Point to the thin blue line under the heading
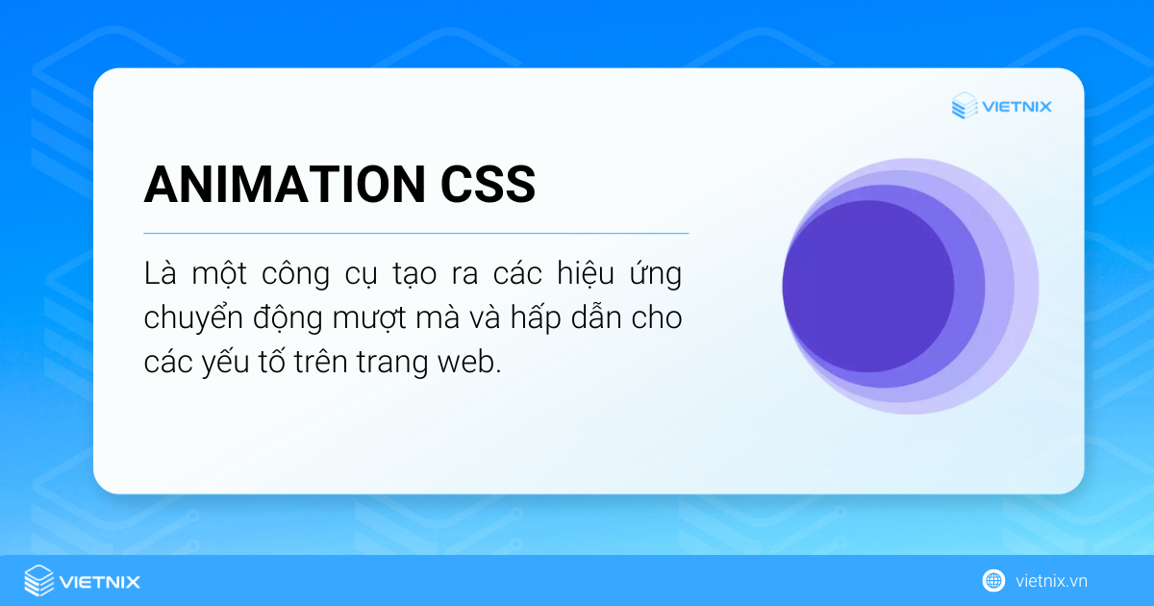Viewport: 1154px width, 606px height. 415,233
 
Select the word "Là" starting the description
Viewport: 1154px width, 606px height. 161,273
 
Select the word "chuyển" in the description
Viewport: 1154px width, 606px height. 190,319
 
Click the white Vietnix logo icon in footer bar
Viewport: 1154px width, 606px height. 39,581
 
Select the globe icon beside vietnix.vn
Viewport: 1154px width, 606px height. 993,581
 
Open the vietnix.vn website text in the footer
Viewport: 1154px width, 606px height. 1051,581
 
